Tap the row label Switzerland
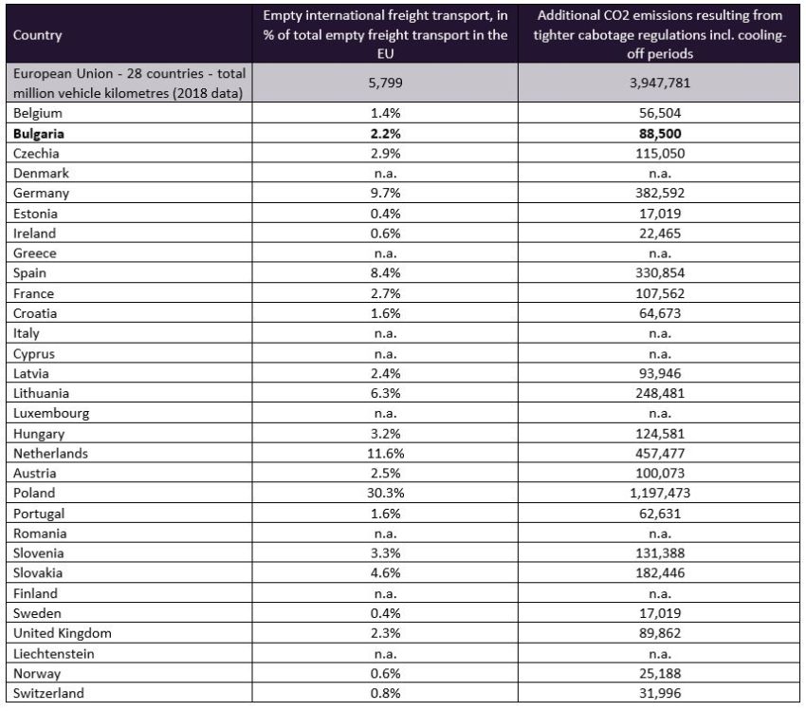click(x=48, y=692)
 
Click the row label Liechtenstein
click(x=54, y=652)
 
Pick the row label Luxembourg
click(x=50, y=413)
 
